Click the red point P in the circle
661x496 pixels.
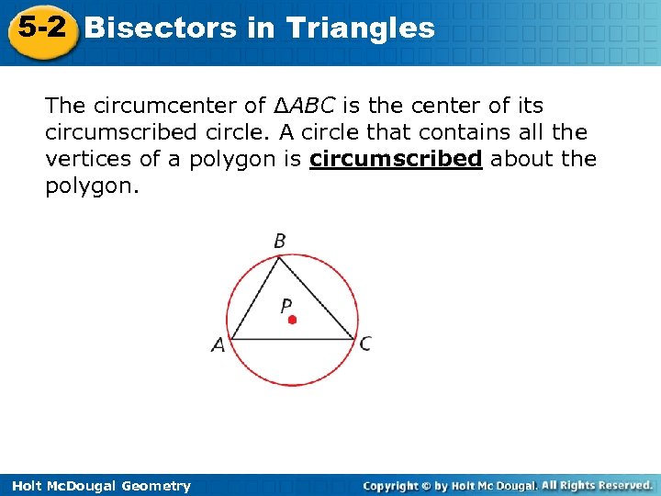click(x=292, y=320)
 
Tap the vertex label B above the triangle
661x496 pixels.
click(x=280, y=241)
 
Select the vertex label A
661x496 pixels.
click(x=218, y=345)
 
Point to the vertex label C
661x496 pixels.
click(x=365, y=344)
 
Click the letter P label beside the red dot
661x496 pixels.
click(x=286, y=305)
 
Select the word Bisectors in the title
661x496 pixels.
click(x=161, y=28)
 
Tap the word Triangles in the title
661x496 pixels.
click(x=360, y=28)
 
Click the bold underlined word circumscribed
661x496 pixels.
click(x=396, y=159)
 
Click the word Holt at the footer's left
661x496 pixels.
click(x=28, y=486)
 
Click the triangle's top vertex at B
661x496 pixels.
click(x=279, y=257)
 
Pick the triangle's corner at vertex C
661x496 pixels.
click(x=354, y=339)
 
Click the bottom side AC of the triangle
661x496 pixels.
click(x=292, y=340)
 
